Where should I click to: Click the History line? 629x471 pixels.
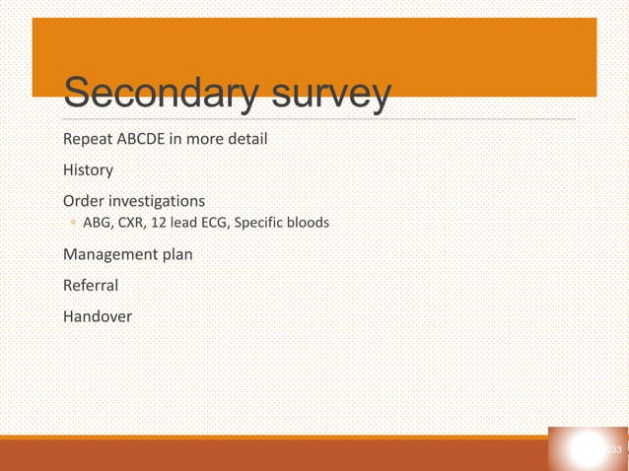[89, 169]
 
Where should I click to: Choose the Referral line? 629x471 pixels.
[91, 286]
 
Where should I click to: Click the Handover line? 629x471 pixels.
[98, 316]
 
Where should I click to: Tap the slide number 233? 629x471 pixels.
[613, 450]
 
